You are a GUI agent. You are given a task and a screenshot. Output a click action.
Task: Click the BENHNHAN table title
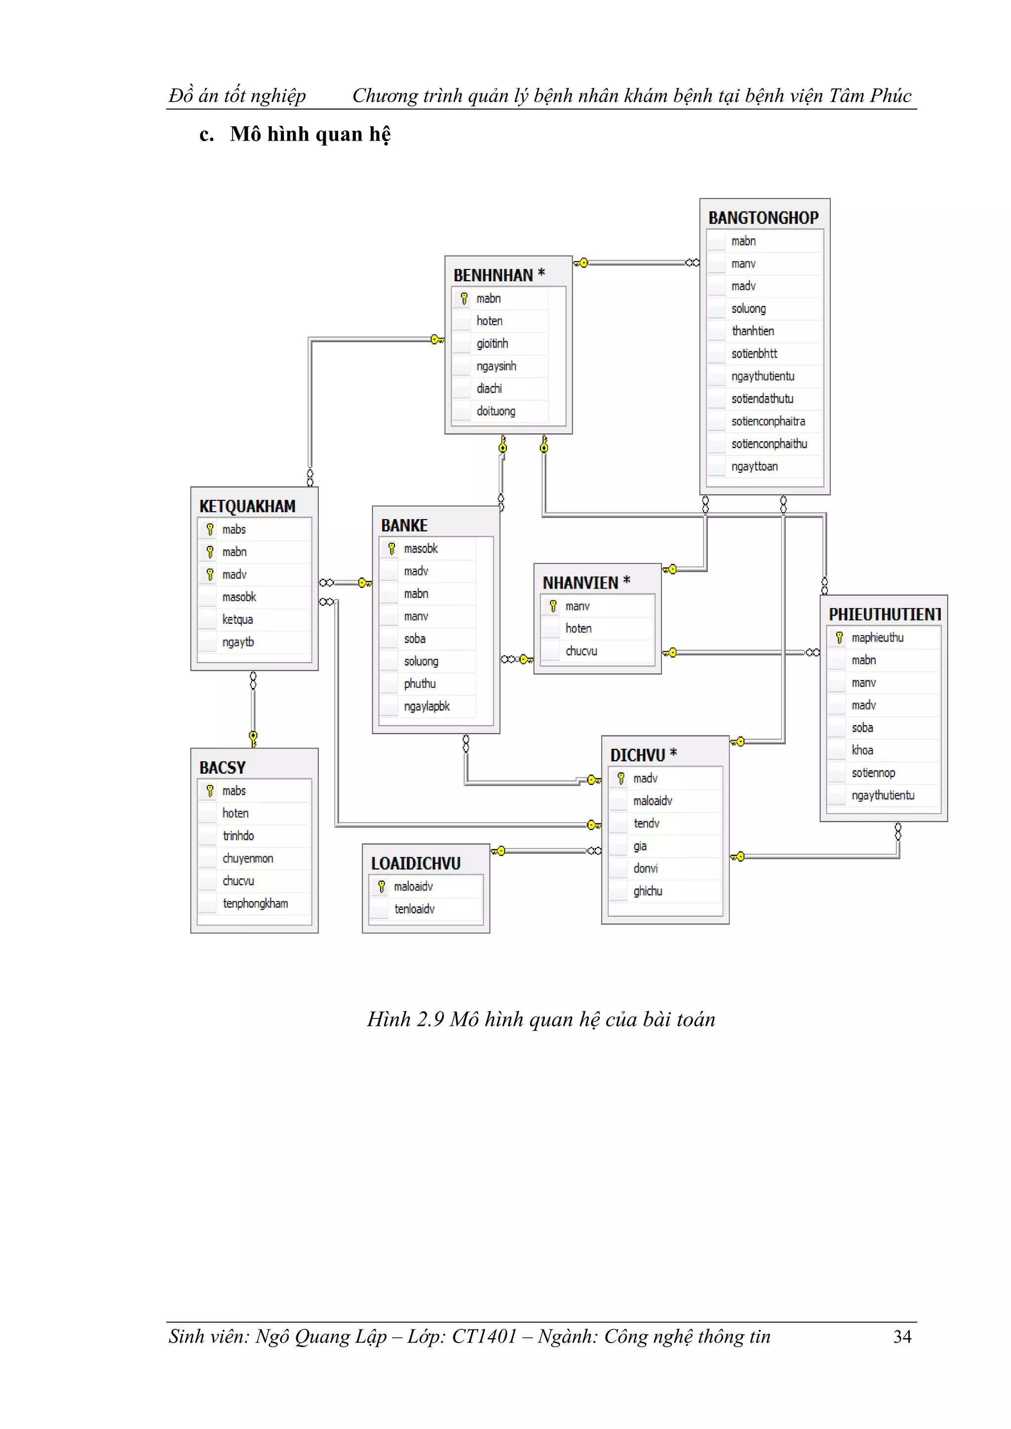tap(493, 275)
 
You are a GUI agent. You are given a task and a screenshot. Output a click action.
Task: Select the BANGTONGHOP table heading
tap(763, 218)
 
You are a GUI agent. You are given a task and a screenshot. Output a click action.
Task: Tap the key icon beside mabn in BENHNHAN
tap(464, 299)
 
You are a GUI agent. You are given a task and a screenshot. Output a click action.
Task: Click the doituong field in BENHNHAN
tap(496, 412)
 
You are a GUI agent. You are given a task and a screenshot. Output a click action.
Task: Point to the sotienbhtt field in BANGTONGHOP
tap(754, 353)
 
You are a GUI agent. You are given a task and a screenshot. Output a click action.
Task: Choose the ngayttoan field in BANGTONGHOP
tap(754, 466)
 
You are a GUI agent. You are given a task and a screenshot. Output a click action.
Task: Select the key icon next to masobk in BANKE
tap(391, 549)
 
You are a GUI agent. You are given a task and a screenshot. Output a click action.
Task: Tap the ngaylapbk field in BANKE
tap(427, 707)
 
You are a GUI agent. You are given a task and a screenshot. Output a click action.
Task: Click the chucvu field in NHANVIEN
tap(581, 651)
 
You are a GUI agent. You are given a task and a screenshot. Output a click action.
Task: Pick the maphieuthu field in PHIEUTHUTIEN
tap(877, 638)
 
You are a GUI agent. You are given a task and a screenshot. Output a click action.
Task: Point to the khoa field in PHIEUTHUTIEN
tap(862, 750)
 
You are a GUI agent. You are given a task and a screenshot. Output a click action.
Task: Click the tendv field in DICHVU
tap(646, 824)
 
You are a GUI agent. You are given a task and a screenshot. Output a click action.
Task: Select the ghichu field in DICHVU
tap(648, 891)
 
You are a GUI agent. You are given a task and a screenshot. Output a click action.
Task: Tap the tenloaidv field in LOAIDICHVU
tap(414, 909)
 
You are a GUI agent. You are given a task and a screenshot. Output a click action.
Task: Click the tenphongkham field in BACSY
tap(255, 903)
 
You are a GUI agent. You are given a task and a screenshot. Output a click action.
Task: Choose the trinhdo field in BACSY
tap(238, 836)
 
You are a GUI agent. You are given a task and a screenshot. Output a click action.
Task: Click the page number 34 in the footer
tap(902, 1337)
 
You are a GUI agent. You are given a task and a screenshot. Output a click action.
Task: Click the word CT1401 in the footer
tap(484, 1337)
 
